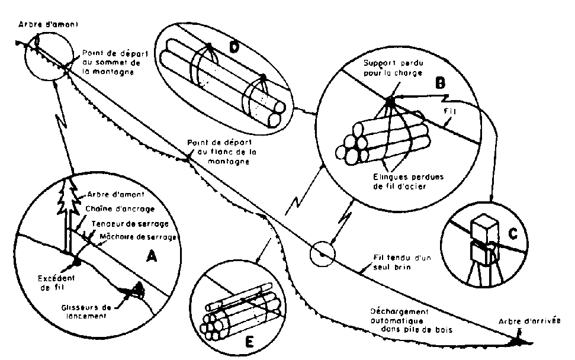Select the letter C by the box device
[x=513, y=233]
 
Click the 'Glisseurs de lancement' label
[x=87, y=311]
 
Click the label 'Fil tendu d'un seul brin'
[x=393, y=262]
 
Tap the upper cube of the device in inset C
[x=482, y=227]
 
